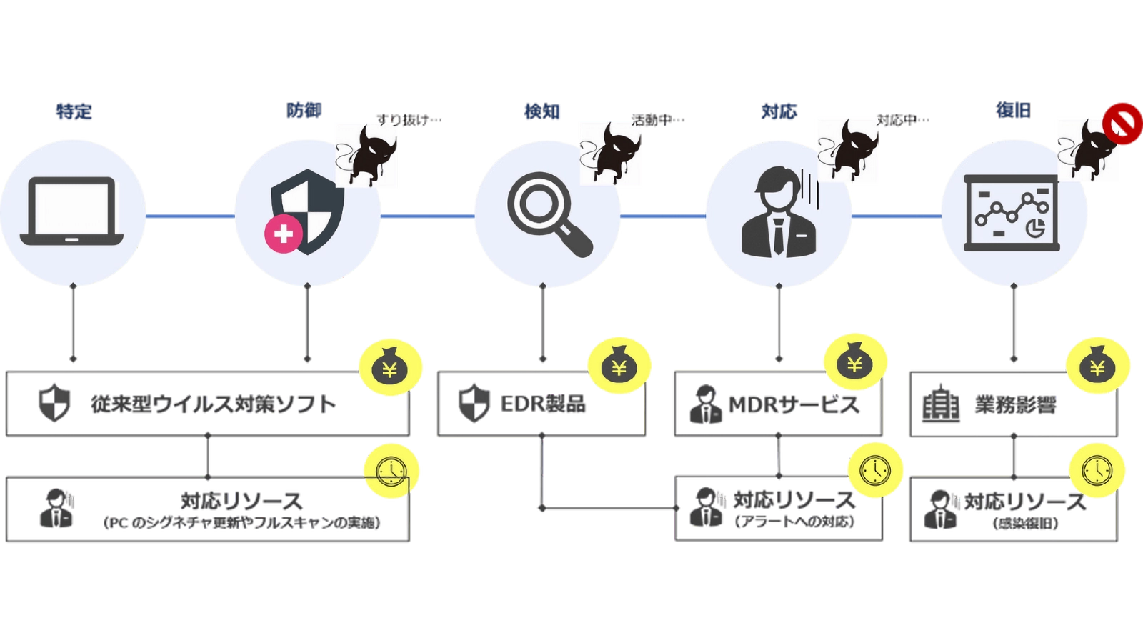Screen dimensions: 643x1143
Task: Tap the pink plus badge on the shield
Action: [x=284, y=234]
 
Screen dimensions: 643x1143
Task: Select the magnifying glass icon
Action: [x=549, y=213]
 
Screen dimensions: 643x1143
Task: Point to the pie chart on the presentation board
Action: [x=1035, y=229]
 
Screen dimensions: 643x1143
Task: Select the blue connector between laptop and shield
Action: [x=190, y=215]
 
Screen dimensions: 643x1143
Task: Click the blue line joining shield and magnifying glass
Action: [x=428, y=215]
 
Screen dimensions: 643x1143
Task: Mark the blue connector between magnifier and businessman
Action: [x=664, y=215]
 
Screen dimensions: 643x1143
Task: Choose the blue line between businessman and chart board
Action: [x=897, y=215]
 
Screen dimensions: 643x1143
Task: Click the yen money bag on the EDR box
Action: [x=619, y=367]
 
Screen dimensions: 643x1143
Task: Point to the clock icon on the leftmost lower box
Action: [x=391, y=470]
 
